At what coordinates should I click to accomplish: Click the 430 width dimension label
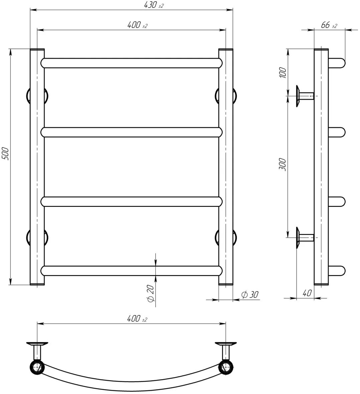pyautogui.click(x=153, y=5)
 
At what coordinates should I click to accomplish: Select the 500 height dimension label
pyautogui.click(x=6, y=154)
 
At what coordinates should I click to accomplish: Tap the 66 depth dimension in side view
pyautogui.click(x=329, y=25)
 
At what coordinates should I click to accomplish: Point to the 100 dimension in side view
pyautogui.click(x=283, y=73)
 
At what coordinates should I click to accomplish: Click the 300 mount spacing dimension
pyautogui.click(x=283, y=164)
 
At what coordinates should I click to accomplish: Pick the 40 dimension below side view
pyautogui.click(x=307, y=293)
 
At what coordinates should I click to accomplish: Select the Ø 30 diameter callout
pyautogui.click(x=250, y=294)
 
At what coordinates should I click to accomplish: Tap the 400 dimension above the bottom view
pyautogui.click(x=137, y=318)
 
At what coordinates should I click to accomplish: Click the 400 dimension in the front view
pyautogui.click(x=137, y=25)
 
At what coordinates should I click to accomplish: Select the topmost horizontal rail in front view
pyautogui.click(x=132, y=63)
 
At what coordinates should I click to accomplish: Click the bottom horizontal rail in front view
pyautogui.click(x=132, y=271)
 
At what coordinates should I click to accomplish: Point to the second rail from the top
pyautogui.click(x=132, y=132)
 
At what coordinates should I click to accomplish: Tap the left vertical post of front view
pyautogui.click(x=37, y=167)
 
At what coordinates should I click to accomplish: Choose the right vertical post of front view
pyautogui.click(x=226, y=167)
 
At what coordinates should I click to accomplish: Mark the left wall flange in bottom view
pyautogui.click(x=37, y=344)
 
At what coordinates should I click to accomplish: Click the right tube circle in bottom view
pyautogui.click(x=226, y=367)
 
